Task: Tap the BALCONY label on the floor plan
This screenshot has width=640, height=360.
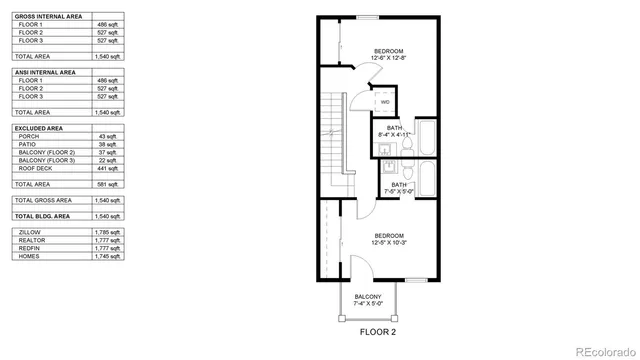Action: coord(368,297)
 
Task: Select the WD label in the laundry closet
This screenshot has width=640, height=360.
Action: coord(385,102)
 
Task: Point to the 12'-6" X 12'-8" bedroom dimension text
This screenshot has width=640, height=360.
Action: coord(389,58)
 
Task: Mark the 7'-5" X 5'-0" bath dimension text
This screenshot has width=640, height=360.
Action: coord(399,191)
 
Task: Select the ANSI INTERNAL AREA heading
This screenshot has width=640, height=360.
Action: coord(44,72)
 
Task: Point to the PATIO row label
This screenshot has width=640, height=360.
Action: coord(29,144)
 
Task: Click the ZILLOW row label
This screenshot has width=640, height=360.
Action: coord(31,232)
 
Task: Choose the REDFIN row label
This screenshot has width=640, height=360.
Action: coord(30,248)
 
